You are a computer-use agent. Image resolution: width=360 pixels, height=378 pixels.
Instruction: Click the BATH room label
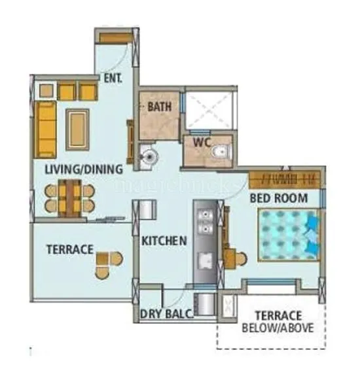[x=159, y=106]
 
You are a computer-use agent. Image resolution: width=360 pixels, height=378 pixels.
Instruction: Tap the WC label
[x=200, y=144]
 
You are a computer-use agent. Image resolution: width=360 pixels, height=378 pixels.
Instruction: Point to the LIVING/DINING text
[x=83, y=170]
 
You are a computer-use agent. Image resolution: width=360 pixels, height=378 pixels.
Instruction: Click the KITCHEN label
[x=164, y=241]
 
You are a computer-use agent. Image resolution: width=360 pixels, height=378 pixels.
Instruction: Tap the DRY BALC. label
[x=166, y=314]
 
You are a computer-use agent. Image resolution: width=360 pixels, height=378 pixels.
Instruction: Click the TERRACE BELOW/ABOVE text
[x=278, y=320]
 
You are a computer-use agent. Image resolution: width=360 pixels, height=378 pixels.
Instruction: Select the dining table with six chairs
[x=69, y=197]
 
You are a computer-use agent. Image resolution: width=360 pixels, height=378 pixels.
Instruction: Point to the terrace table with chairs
[x=109, y=262]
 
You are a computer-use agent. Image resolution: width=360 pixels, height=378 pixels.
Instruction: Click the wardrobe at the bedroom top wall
[x=285, y=179]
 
